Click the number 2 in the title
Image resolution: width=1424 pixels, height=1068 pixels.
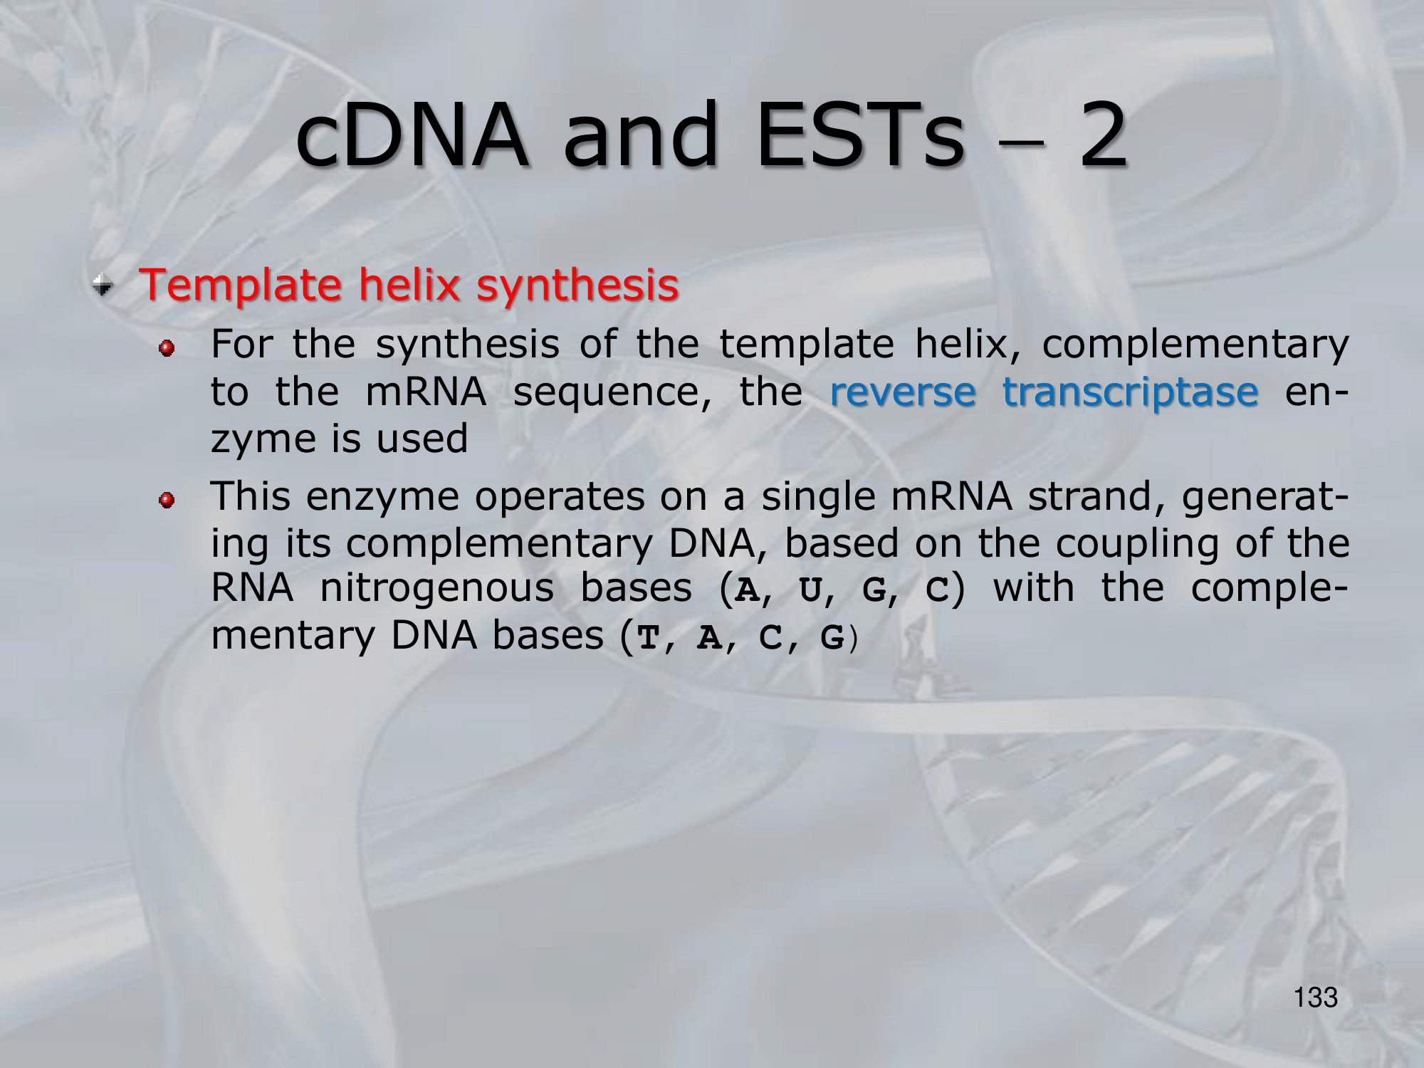pos(1103,135)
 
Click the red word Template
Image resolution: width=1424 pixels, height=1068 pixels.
pos(241,286)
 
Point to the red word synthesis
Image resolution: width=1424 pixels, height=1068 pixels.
pos(577,285)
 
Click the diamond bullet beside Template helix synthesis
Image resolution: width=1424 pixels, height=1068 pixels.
pos(103,286)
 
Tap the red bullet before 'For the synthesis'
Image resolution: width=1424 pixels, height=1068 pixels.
pos(167,348)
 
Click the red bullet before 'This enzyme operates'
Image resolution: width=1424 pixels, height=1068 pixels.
pos(167,501)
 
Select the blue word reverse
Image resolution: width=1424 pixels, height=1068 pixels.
pos(903,392)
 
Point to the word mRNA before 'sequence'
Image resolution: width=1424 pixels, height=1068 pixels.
pos(426,392)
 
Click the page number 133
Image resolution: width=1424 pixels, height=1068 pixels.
pos(1316,998)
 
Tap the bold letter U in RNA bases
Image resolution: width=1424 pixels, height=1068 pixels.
pos(811,590)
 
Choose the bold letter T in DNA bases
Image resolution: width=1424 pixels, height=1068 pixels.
pos(649,638)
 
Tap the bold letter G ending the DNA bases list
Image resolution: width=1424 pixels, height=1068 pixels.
pos(832,638)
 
